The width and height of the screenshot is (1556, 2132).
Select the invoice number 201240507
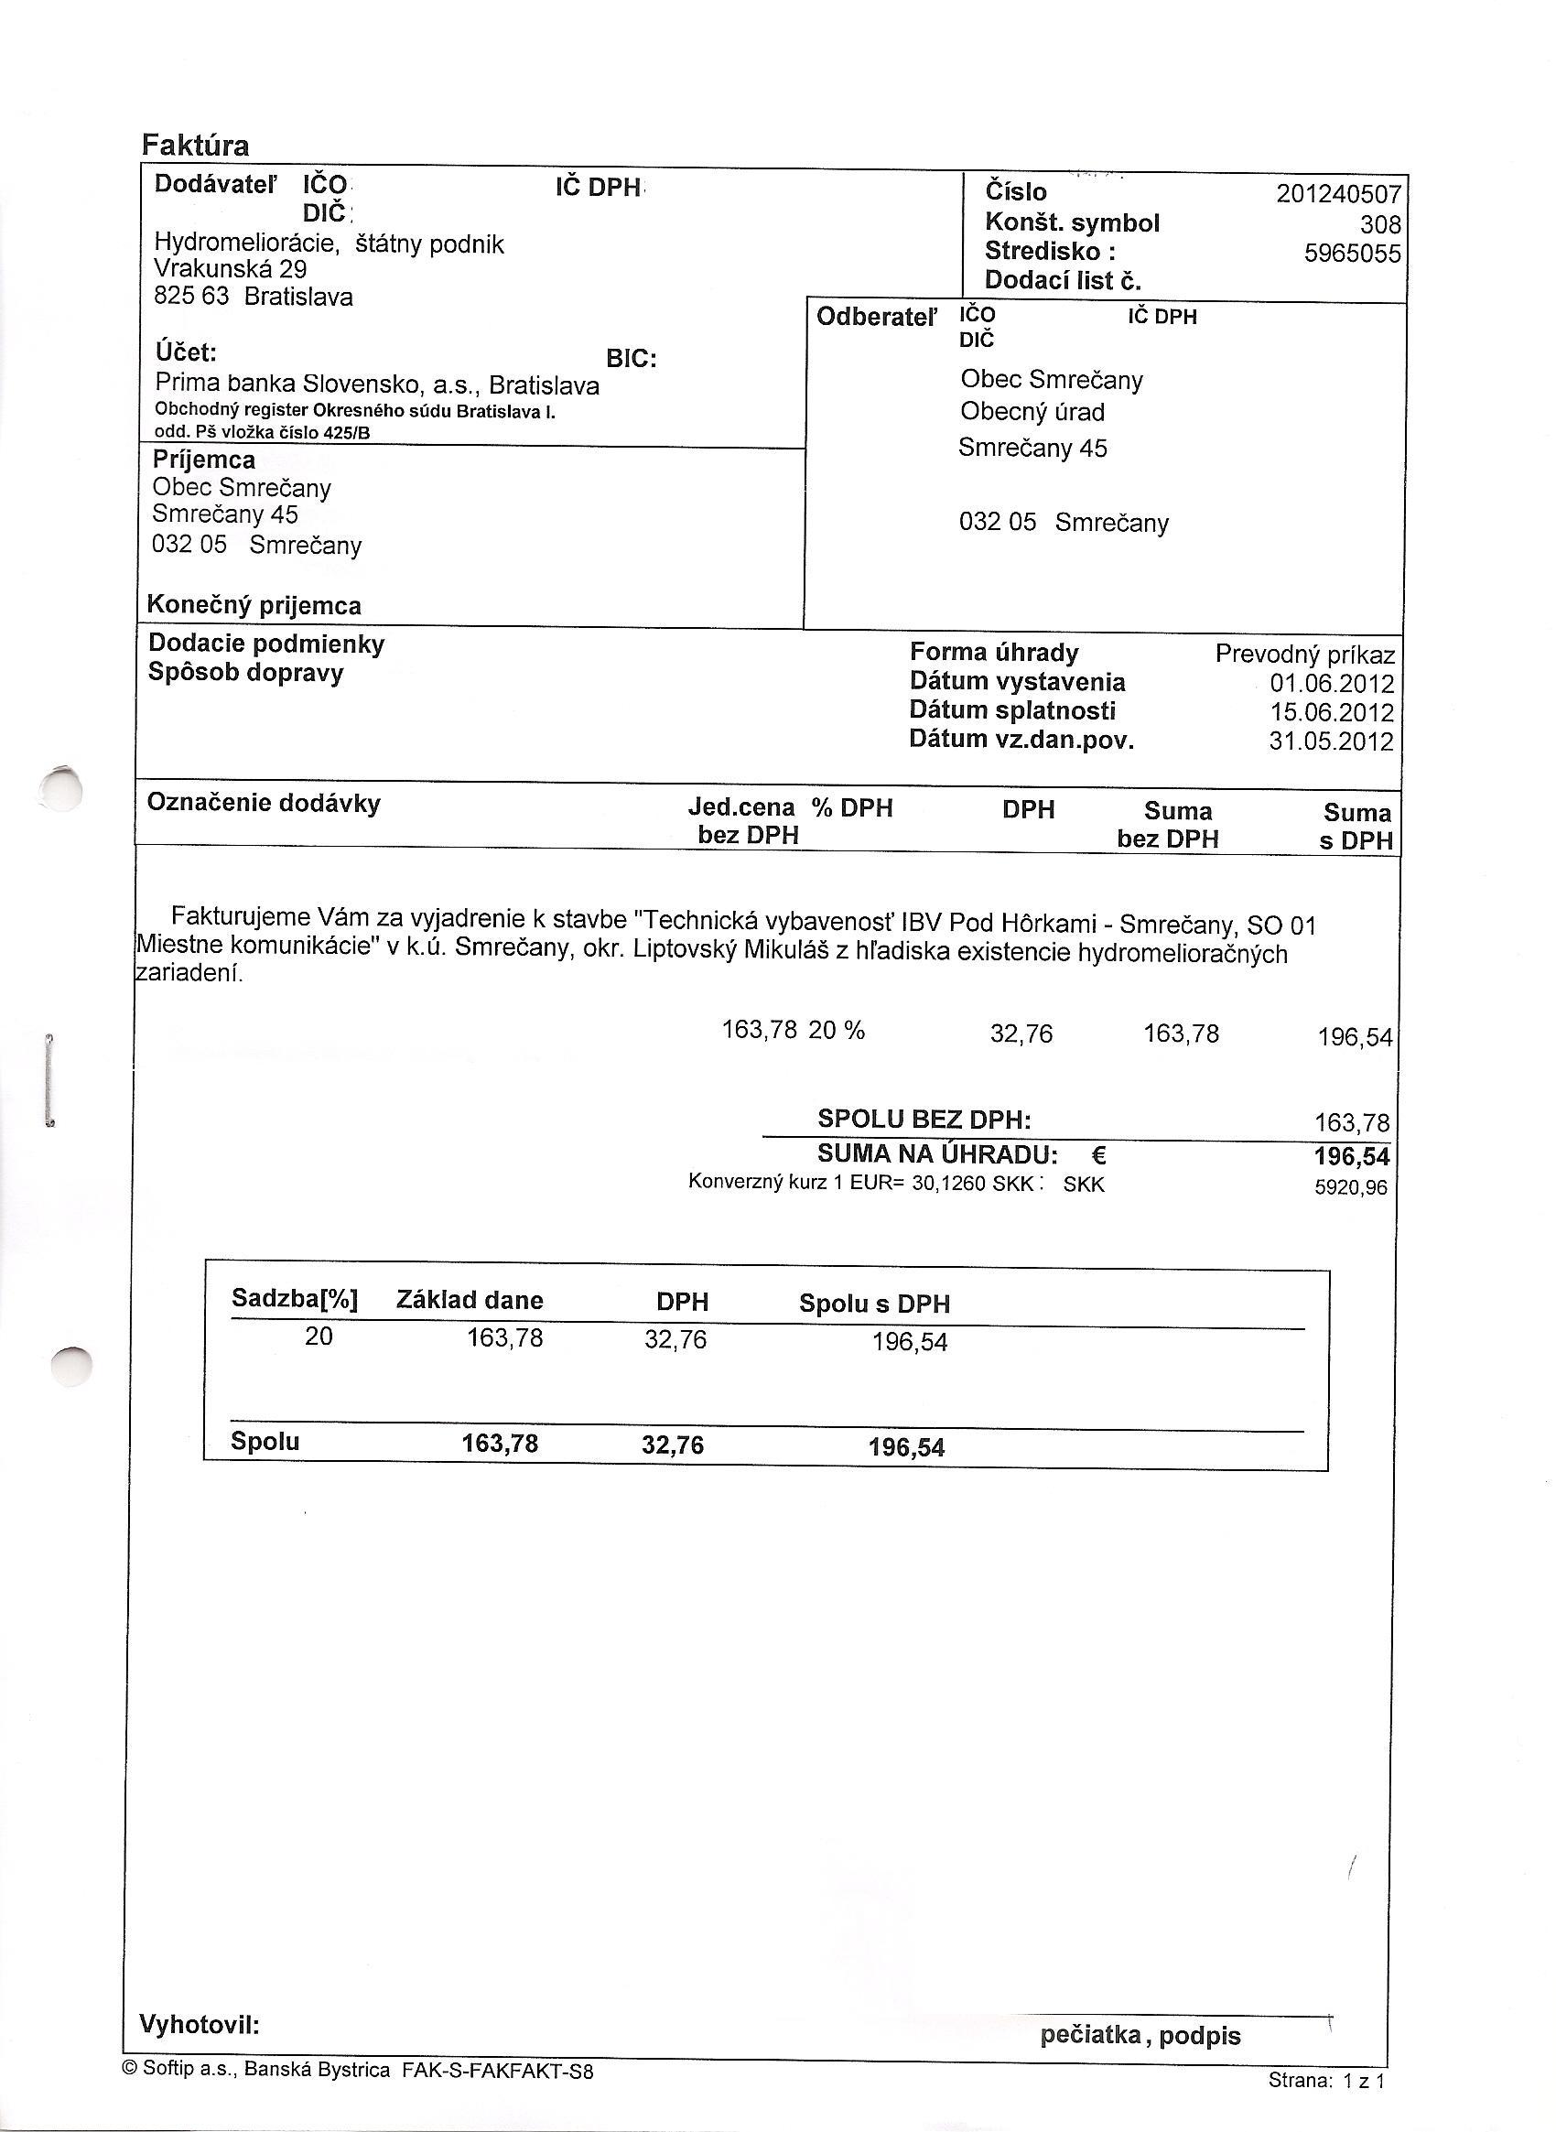tap(1338, 194)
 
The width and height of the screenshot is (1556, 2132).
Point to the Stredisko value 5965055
tap(1352, 254)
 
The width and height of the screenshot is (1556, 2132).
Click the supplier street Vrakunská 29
tap(230, 269)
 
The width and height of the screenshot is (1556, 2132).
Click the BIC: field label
tap(631, 359)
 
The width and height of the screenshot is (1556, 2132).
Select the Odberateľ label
tap(877, 318)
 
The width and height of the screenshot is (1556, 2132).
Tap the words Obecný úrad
tap(1032, 412)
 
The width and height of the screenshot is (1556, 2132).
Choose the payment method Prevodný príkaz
tap(1304, 655)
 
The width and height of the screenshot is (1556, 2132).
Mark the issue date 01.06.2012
tap(1331, 684)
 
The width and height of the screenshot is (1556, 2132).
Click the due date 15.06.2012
tap(1331, 713)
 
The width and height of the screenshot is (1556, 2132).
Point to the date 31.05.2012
tap(1330, 741)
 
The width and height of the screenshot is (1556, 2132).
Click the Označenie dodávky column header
tap(264, 804)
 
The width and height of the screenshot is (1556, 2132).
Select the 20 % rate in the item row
tap(837, 1031)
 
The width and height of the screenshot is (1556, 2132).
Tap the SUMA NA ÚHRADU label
tap(937, 1154)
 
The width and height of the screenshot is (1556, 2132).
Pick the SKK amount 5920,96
tap(1351, 1188)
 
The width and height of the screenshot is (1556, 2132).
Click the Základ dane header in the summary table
tap(469, 1301)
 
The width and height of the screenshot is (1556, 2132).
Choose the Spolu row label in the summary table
tap(265, 1442)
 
